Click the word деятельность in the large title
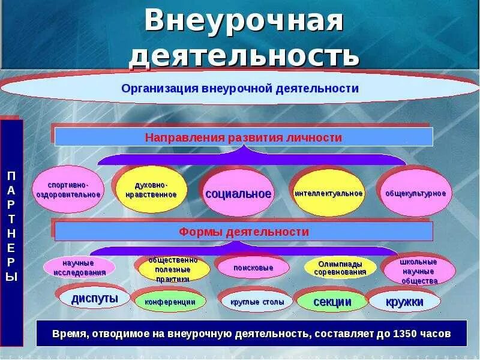[244, 56]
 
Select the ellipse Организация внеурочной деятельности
[240, 89]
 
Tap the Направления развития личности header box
[244, 137]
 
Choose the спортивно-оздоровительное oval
[67, 190]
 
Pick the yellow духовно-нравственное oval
[151, 190]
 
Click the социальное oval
[238, 194]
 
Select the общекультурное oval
[416, 193]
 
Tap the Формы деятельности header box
[244, 232]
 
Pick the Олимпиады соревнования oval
[340, 268]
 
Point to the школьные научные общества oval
[418, 271]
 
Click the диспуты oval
[94, 298]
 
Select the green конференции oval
[170, 302]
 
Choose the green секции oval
[332, 302]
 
